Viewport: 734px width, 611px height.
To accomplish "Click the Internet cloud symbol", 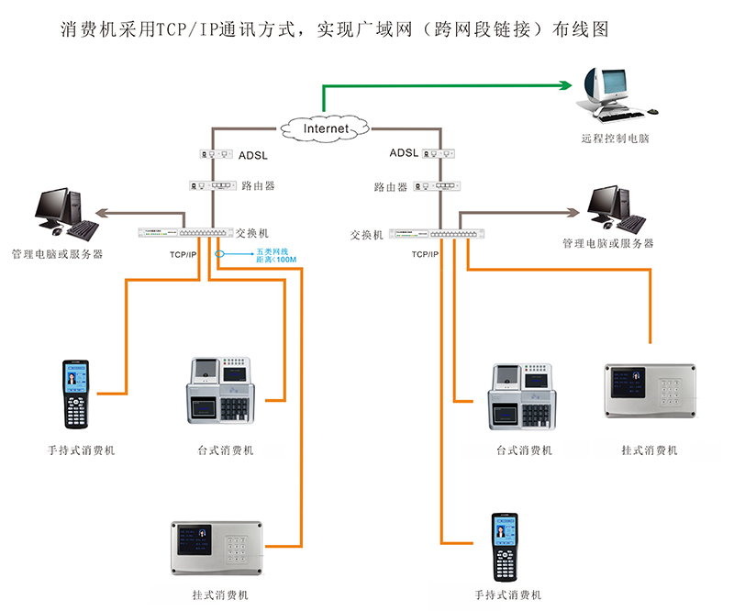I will (x=326, y=128).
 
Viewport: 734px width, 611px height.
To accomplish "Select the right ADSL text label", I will (x=403, y=153).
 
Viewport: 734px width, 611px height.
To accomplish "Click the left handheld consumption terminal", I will (x=75, y=394).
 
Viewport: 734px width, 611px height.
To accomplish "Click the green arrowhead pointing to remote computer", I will (x=565, y=85).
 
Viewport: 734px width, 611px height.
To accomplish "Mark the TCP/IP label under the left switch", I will (x=182, y=253).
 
